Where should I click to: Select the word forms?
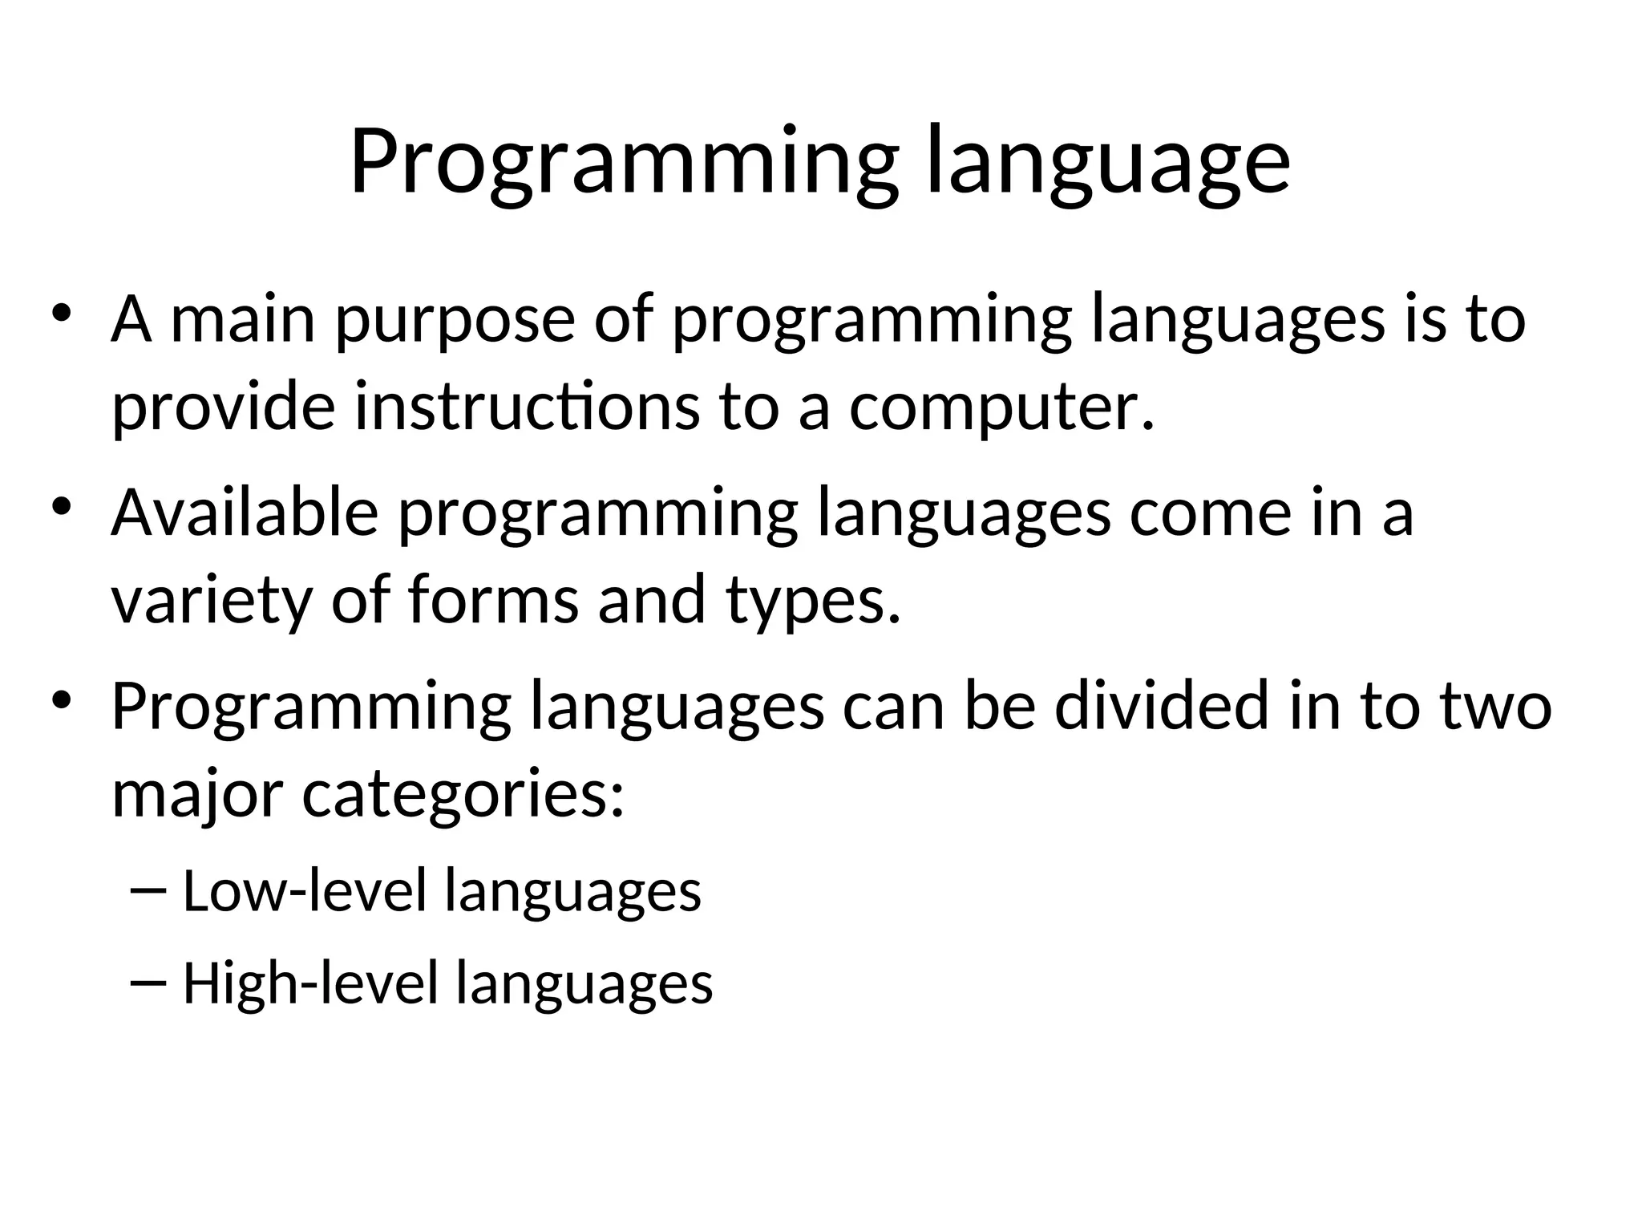pyautogui.click(x=493, y=600)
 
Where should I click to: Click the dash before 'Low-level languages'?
pyautogui.click(x=147, y=892)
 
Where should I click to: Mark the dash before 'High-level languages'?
pyautogui.click(x=147, y=985)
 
